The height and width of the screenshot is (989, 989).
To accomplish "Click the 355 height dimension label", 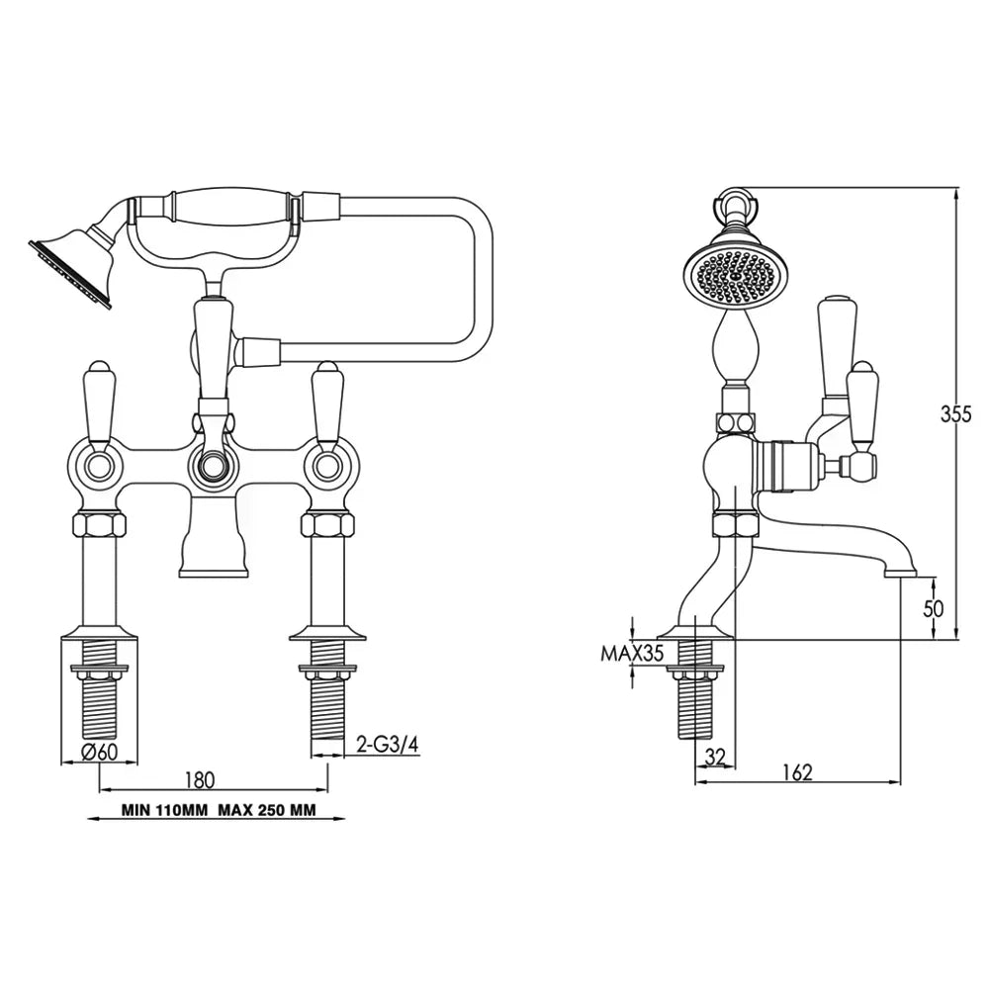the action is (x=955, y=413).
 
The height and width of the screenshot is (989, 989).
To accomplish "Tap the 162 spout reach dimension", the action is (x=797, y=771).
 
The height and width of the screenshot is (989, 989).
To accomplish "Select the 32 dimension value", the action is (x=715, y=756).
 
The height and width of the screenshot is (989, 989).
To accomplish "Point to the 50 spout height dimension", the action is (x=933, y=608).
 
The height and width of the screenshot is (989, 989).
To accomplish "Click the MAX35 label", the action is (x=632, y=653).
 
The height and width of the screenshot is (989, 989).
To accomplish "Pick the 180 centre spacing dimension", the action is (x=200, y=779).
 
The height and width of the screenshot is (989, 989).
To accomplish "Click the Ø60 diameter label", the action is (x=100, y=753).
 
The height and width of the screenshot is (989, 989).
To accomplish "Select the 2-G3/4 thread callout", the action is (x=388, y=745).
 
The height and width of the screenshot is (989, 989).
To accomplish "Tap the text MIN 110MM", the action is (x=164, y=810).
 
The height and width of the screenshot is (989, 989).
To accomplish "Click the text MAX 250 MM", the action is (x=267, y=810).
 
